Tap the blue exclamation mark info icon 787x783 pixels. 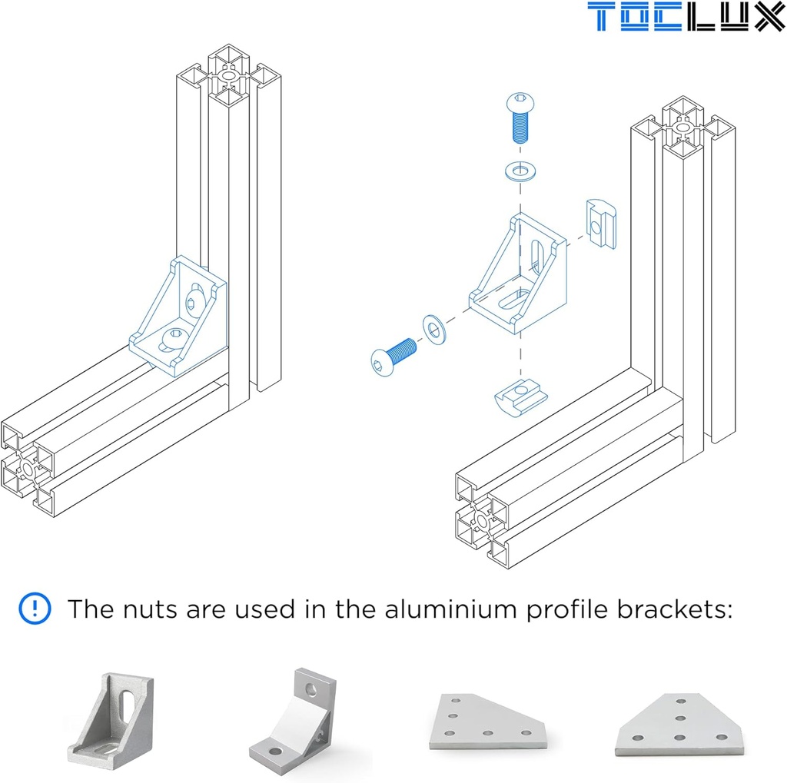click(35, 609)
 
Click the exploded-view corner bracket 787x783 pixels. click(519, 277)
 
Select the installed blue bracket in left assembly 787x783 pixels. click(181, 315)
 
